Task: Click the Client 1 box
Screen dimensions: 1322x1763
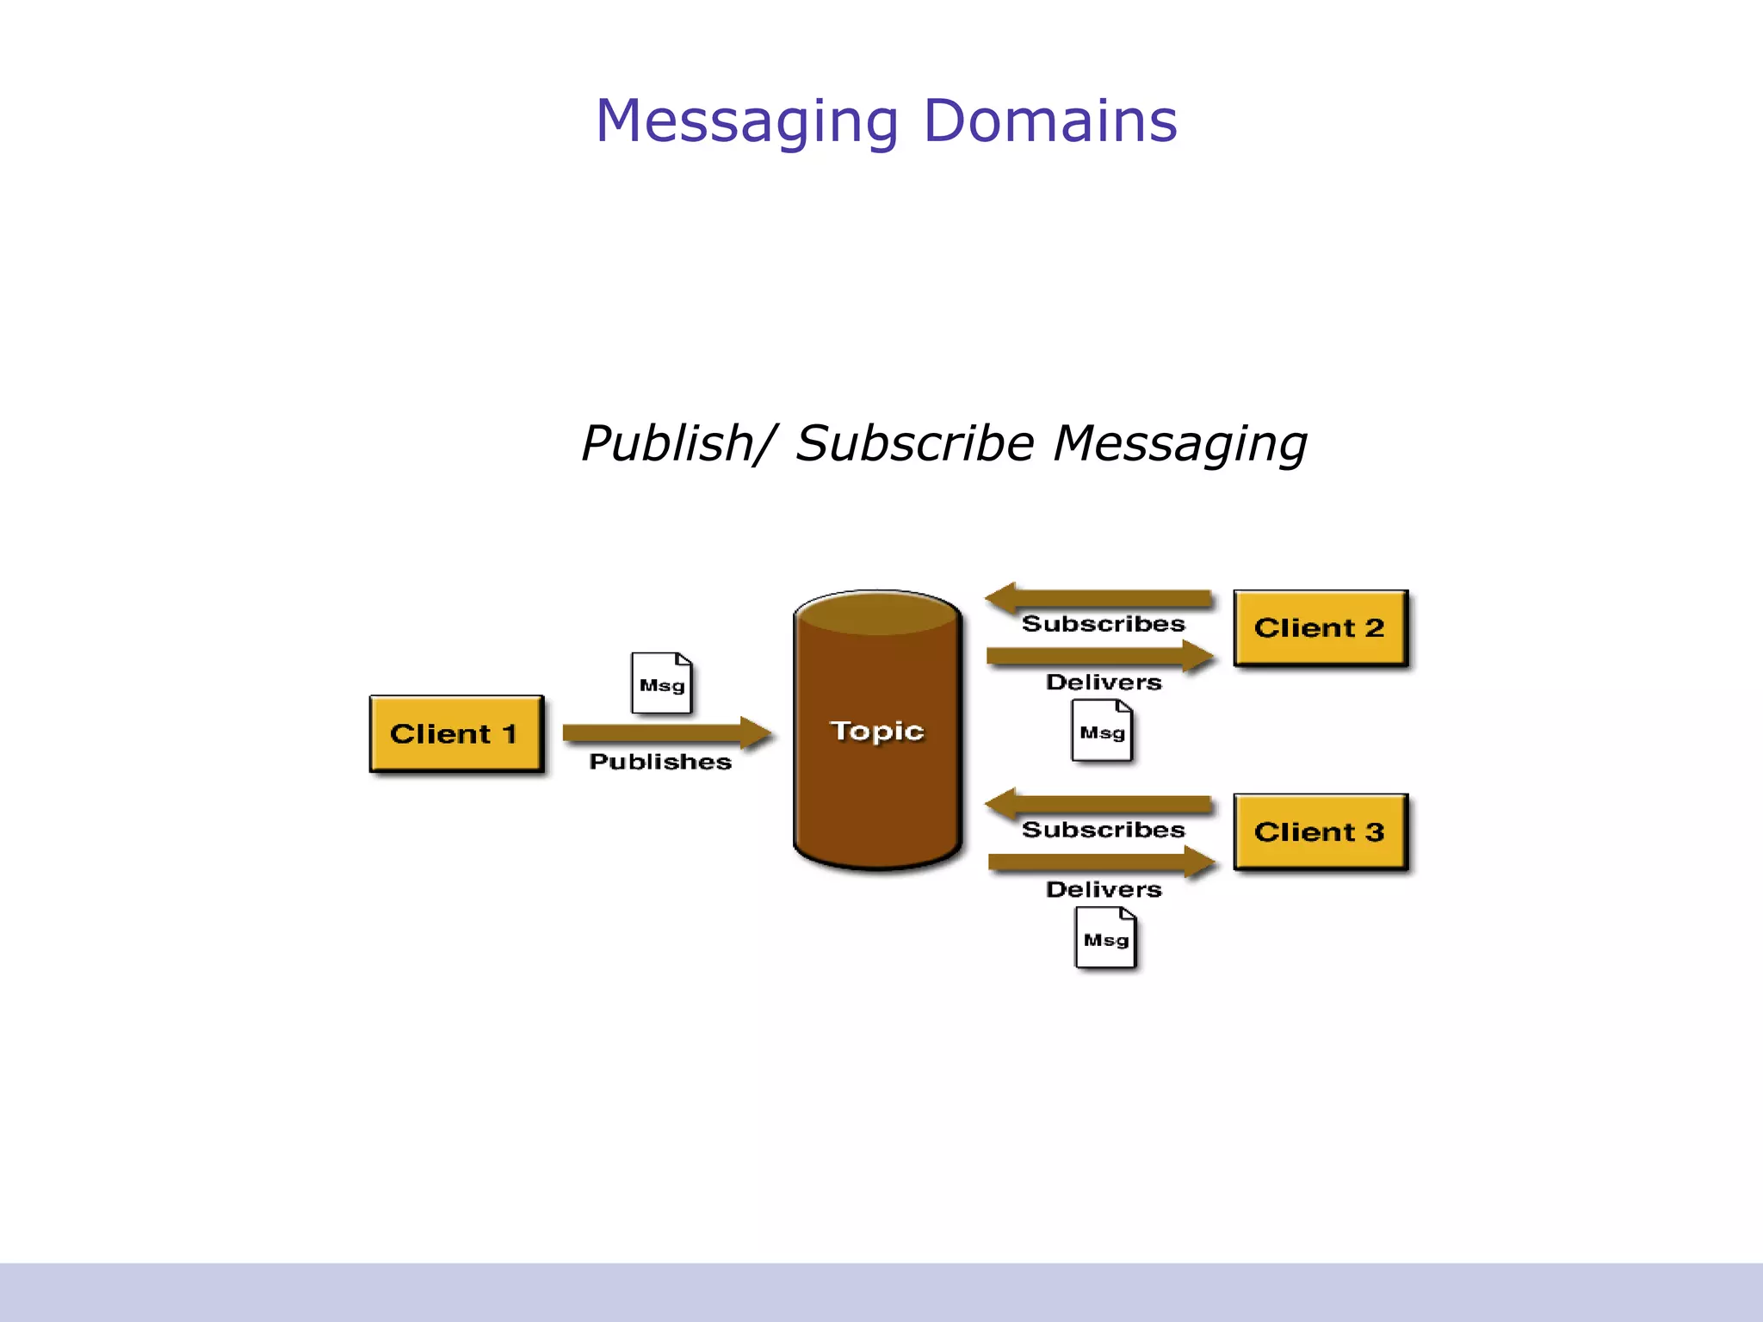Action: (x=456, y=733)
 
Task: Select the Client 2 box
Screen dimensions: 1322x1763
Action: (x=1320, y=627)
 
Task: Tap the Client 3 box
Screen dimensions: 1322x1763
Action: (x=1320, y=831)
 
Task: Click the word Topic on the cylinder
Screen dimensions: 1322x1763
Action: (x=876, y=731)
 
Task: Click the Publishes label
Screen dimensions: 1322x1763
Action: (x=660, y=762)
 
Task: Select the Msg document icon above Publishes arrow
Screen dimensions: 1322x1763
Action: (x=661, y=683)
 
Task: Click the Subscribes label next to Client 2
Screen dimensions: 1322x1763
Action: (x=1103, y=624)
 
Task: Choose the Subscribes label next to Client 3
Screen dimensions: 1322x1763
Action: (x=1103, y=830)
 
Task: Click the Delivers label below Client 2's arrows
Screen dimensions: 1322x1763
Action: (x=1104, y=683)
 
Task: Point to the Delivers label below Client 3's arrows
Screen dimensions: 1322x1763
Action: (x=1104, y=889)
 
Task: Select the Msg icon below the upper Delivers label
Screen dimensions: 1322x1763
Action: (x=1102, y=731)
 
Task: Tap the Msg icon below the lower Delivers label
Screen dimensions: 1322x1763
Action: (x=1106, y=938)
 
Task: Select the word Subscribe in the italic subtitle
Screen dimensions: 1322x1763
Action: (x=914, y=443)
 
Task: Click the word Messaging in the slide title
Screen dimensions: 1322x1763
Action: (x=747, y=122)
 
